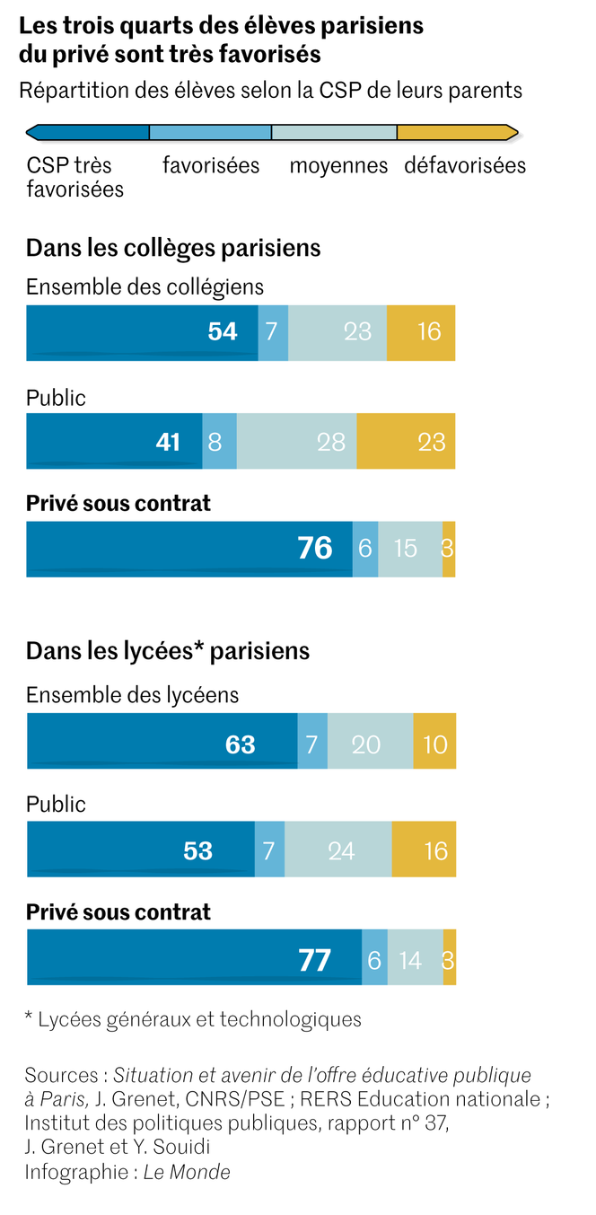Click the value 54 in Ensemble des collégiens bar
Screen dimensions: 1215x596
click(x=223, y=332)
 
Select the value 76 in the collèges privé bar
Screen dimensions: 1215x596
click(x=314, y=548)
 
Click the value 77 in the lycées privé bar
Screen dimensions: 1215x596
click(x=314, y=961)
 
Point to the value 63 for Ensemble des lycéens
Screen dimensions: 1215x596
click(x=240, y=744)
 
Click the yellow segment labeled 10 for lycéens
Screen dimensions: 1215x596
click(x=434, y=744)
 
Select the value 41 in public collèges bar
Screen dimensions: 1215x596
click(x=169, y=441)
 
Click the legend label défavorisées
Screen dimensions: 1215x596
click(x=465, y=166)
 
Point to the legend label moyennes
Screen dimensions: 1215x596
click(x=338, y=166)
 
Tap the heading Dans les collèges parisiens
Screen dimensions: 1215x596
click(x=173, y=247)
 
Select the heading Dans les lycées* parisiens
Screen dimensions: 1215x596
click(x=168, y=650)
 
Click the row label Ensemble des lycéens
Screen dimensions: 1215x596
click(x=133, y=695)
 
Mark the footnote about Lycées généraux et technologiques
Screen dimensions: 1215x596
click(x=193, y=1018)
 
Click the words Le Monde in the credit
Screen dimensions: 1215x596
click(x=187, y=1172)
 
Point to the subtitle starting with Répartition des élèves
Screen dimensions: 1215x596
click(x=270, y=91)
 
